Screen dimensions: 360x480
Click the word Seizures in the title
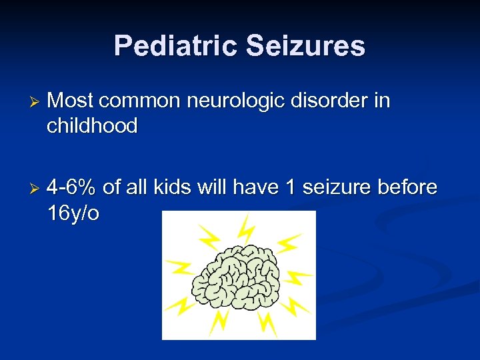(305, 46)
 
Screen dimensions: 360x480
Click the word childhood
(92, 125)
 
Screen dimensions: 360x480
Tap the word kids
(173, 188)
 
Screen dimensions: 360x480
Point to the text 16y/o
(73, 213)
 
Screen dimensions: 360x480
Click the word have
(257, 188)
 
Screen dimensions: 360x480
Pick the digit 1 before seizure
(290, 188)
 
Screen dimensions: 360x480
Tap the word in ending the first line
(383, 101)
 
